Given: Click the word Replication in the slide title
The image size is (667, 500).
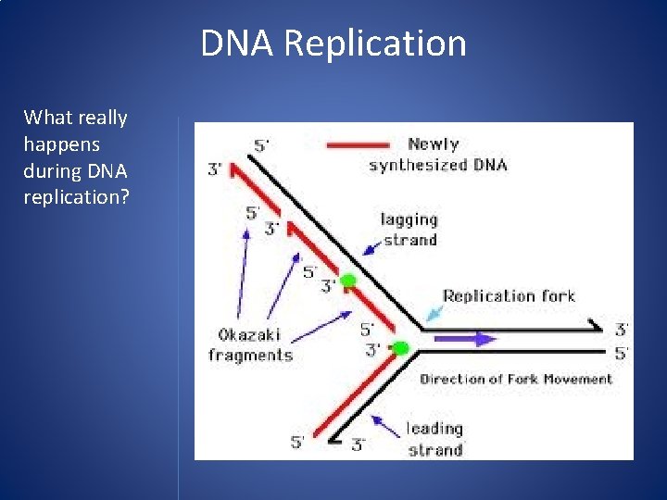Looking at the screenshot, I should click(x=375, y=44).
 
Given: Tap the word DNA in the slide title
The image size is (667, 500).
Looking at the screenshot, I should click(x=238, y=44).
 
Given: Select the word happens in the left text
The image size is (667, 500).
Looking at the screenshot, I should click(x=63, y=144).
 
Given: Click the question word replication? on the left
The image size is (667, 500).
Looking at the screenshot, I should click(x=76, y=198).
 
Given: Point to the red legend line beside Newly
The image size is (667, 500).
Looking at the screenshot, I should click(x=358, y=144).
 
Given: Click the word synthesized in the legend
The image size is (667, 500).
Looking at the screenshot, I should click(x=414, y=166).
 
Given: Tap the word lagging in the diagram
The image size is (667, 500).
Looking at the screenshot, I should click(x=409, y=220).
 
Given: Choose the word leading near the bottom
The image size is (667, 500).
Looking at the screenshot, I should click(x=434, y=429).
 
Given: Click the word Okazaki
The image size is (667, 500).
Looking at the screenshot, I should click(x=249, y=334).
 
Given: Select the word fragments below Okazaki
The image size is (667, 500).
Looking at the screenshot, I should click(x=250, y=355).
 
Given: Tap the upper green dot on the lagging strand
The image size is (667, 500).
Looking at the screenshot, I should click(x=347, y=281).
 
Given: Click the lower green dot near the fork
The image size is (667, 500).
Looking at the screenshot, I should click(x=400, y=348).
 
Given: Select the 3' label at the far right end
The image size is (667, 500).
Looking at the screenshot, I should click(x=622, y=330).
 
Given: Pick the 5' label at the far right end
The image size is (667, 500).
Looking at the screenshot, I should click(x=622, y=353).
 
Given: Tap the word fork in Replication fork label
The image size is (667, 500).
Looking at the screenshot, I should click(x=558, y=296).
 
